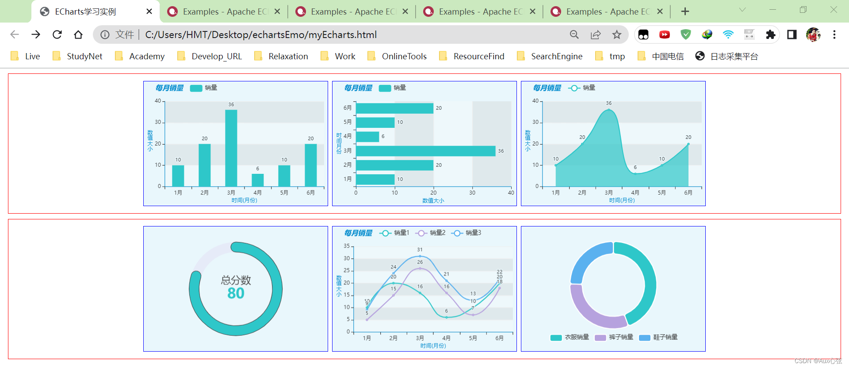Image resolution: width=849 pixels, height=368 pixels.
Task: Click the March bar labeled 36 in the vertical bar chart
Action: click(x=231, y=148)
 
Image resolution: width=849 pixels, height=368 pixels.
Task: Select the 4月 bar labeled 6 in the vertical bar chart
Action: click(x=257, y=180)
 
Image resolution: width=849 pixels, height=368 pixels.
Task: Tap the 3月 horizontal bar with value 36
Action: click(x=425, y=151)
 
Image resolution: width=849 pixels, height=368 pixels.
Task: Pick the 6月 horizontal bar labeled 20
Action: click(x=394, y=108)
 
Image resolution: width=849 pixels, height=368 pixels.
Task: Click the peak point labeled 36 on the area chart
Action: click(x=608, y=110)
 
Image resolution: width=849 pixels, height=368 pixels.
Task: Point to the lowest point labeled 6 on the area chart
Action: click(x=635, y=173)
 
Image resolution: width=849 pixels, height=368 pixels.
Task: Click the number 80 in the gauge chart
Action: click(x=236, y=293)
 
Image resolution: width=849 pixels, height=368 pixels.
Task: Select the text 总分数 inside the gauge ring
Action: click(x=236, y=280)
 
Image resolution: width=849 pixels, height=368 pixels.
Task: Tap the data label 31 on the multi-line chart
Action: click(x=420, y=250)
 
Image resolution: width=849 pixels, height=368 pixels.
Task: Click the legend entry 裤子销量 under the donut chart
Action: click(x=614, y=337)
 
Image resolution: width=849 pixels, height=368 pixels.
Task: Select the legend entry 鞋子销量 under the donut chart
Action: click(x=658, y=337)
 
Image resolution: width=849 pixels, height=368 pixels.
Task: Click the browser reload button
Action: click(x=57, y=34)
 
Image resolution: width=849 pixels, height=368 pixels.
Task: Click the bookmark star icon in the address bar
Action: click(x=617, y=34)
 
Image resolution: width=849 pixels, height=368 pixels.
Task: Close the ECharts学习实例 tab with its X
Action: click(x=149, y=11)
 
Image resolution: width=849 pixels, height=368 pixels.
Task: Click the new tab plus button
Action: click(x=685, y=11)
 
